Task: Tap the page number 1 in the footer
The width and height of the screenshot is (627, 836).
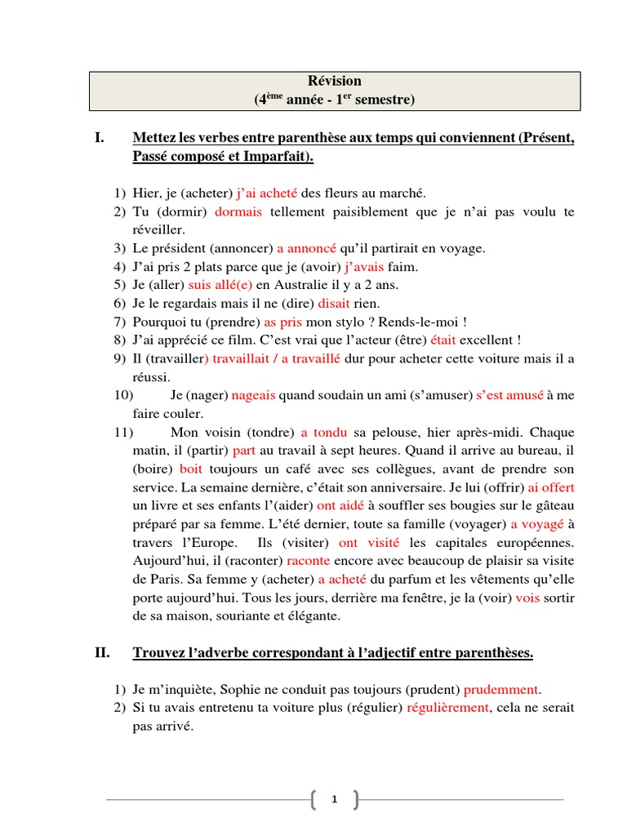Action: click(334, 801)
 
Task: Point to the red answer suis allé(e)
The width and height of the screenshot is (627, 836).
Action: click(220, 285)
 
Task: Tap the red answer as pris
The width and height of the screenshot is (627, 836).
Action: click(283, 321)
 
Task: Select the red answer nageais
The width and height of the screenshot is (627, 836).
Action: click(254, 395)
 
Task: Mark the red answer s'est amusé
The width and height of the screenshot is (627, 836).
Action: click(509, 395)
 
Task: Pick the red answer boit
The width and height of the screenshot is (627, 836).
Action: click(191, 469)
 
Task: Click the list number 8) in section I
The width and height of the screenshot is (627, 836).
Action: click(120, 340)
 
